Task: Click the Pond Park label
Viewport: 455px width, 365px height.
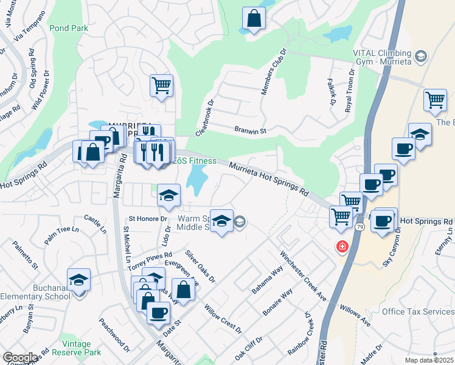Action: point(69,28)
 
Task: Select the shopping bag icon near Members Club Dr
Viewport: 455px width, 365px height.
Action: point(254,19)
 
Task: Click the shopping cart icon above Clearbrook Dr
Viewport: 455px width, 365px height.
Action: point(161,86)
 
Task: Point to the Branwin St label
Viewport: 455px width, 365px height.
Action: point(251,130)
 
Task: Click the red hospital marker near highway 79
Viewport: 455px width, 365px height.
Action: point(342,246)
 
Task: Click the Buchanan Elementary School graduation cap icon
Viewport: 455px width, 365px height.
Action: point(79,280)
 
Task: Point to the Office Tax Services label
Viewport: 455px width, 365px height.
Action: point(417,311)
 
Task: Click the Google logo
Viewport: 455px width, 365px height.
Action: point(21,358)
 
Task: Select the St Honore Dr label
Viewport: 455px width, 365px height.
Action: point(147,218)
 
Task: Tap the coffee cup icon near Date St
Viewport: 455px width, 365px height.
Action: point(159,313)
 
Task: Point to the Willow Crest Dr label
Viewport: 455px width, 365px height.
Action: point(223,319)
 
